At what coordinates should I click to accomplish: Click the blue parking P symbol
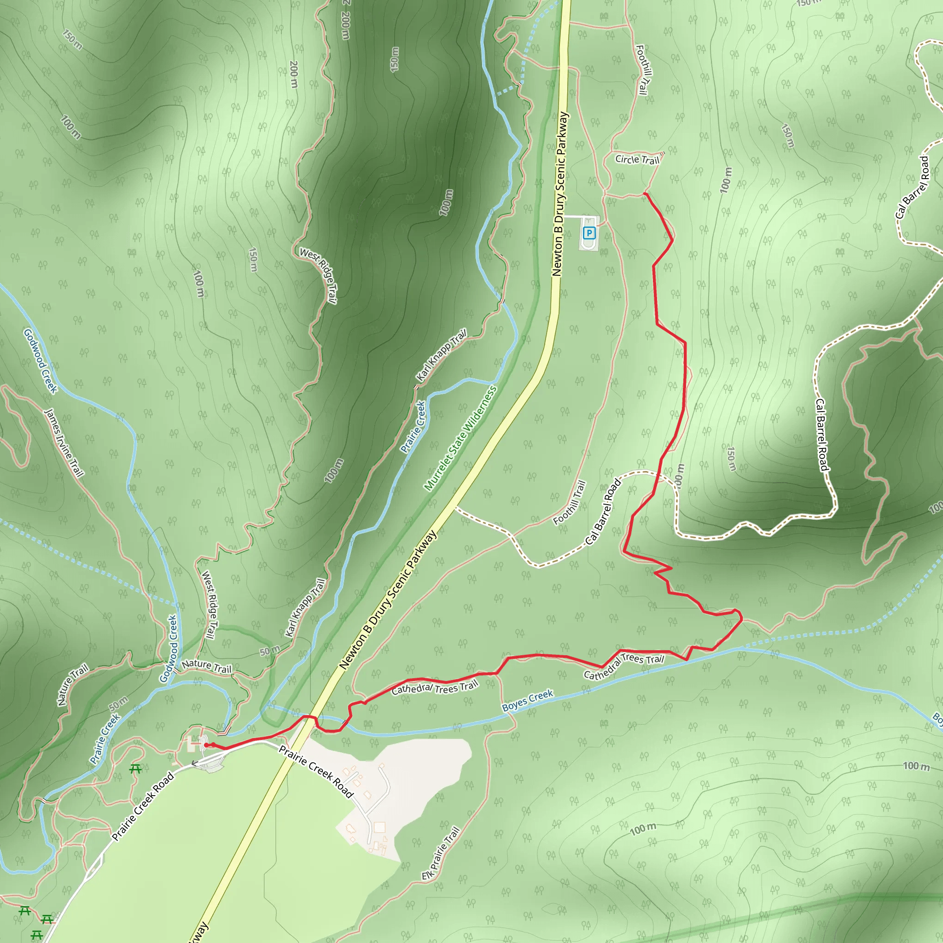tap(589, 233)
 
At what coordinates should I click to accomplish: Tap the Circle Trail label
tap(637, 160)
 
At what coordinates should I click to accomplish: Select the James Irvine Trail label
tap(64, 442)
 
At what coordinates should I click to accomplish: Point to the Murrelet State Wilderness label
tap(460, 438)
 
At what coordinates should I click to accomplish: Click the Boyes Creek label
tap(528, 700)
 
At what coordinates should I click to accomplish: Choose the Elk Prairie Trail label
tap(441, 853)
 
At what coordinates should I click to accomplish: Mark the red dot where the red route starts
tap(206, 745)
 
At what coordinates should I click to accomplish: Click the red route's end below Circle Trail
tap(645, 194)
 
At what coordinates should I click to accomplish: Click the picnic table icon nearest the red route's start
tap(135, 769)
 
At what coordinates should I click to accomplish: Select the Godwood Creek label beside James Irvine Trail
tap(41, 361)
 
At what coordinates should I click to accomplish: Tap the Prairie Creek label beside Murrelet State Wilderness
tap(413, 426)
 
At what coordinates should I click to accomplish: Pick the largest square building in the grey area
tap(379, 827)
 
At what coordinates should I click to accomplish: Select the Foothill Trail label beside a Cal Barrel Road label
tap(569, 502)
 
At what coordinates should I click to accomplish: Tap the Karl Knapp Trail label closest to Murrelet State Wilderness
tap(441, 355)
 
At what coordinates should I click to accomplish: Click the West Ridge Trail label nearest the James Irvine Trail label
tap(209, 605)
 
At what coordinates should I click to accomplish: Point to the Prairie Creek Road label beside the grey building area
tap(316, 771)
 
